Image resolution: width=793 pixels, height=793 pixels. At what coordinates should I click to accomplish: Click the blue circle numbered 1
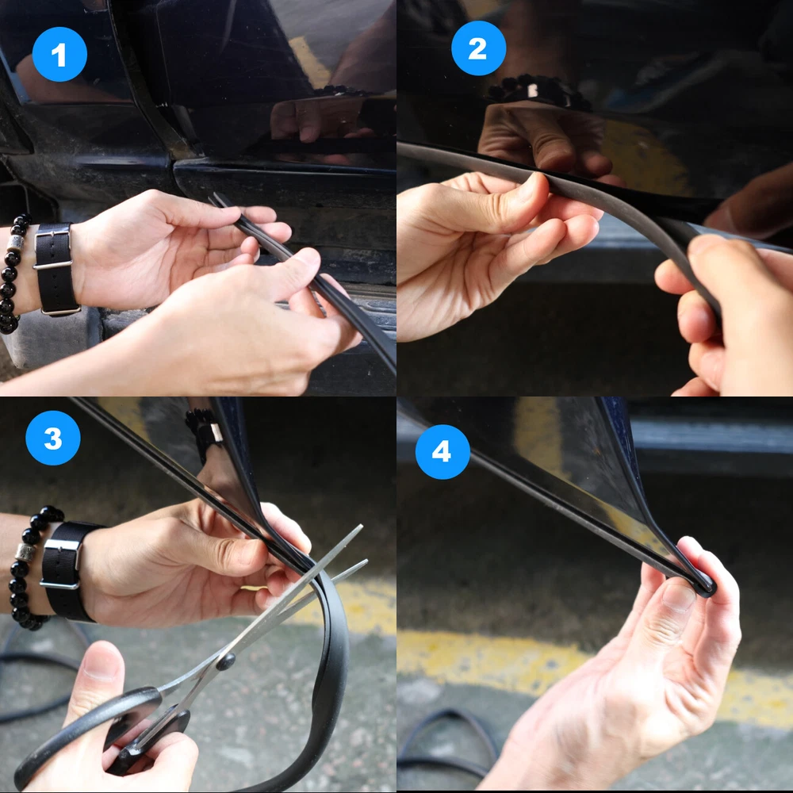pos(59,54)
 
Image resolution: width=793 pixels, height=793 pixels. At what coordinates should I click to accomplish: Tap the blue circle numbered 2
pos(478,48)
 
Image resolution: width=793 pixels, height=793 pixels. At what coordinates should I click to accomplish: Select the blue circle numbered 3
pos(52,438)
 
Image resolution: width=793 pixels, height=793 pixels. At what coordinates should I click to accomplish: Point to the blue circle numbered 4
pos(442,452)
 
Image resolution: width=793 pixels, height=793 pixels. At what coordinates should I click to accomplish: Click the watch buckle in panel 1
pos(52,247)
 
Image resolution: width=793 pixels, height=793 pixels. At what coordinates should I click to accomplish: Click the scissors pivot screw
pos(225,661)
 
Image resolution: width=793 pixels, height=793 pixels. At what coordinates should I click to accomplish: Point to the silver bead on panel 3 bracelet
pos(24,552)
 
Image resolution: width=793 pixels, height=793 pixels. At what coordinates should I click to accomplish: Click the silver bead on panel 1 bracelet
pos(13,243)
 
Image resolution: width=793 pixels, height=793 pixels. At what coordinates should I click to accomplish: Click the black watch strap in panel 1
pos(54,269)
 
